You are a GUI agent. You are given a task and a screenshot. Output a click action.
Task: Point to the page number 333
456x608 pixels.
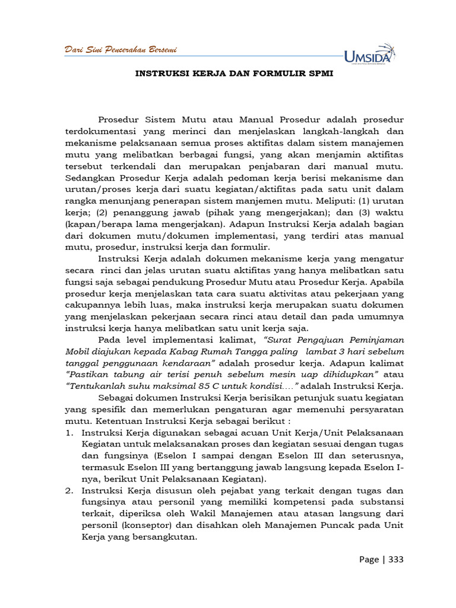[x=396, y=559]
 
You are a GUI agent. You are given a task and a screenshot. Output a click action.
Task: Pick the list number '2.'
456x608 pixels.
[x=69, y=491]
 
